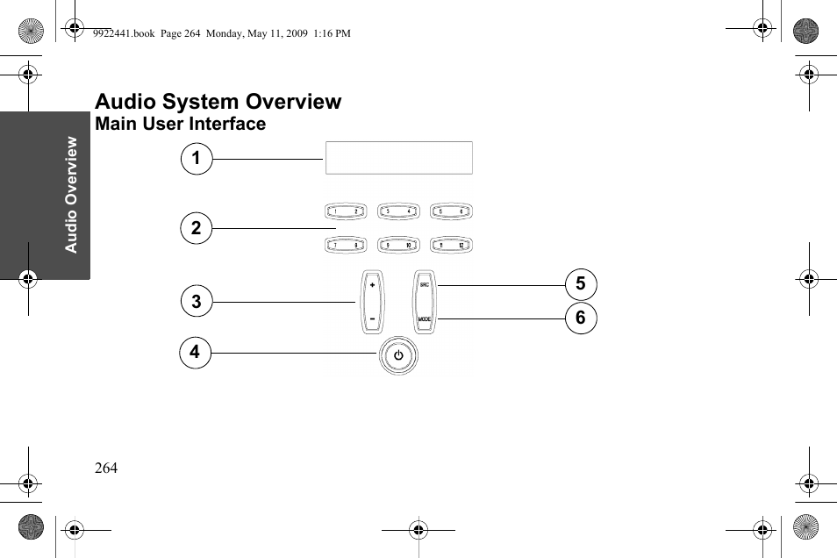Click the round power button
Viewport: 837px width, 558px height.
(x=398, y=356)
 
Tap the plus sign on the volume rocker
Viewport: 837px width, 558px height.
(x=372, y=286)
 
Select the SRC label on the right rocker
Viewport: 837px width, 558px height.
(x=425, y=285)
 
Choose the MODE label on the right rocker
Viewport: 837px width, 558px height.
(x=425, y=318)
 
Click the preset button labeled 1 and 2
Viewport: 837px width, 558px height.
(x=346, y=211)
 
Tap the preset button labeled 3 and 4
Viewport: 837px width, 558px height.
(x=398, y=211)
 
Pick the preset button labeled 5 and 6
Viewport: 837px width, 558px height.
(x=452, y=211)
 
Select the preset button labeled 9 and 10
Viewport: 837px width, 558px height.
(x=398, y=246)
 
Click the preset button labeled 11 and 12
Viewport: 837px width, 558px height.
(x=452, y=246)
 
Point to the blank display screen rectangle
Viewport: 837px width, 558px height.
(x=398, y=158)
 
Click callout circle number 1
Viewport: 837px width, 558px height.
(x=197, y=159)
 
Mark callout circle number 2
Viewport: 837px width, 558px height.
(x=197, y=228)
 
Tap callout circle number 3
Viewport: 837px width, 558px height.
(x=197, y=302)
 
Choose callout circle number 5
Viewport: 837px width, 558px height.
(x=580, y=284)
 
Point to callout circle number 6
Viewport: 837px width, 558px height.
(x=580, y=318)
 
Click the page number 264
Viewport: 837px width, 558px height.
(x=106, y=468)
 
